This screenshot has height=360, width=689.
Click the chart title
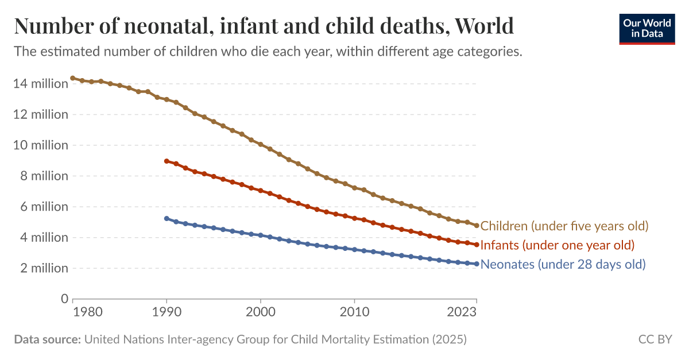264,26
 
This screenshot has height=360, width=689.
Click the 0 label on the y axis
64,299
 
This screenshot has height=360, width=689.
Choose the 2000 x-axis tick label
261,313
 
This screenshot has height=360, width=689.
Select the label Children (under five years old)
564,226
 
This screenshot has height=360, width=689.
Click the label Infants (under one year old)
557,245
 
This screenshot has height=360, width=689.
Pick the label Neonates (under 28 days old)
563,265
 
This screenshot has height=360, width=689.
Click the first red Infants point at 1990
167,161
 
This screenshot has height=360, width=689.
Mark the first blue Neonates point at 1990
167,219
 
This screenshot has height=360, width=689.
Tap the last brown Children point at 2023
477,225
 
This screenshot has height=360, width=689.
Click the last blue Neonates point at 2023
477,264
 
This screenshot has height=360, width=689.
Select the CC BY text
655,340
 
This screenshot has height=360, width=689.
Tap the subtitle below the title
268,52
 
